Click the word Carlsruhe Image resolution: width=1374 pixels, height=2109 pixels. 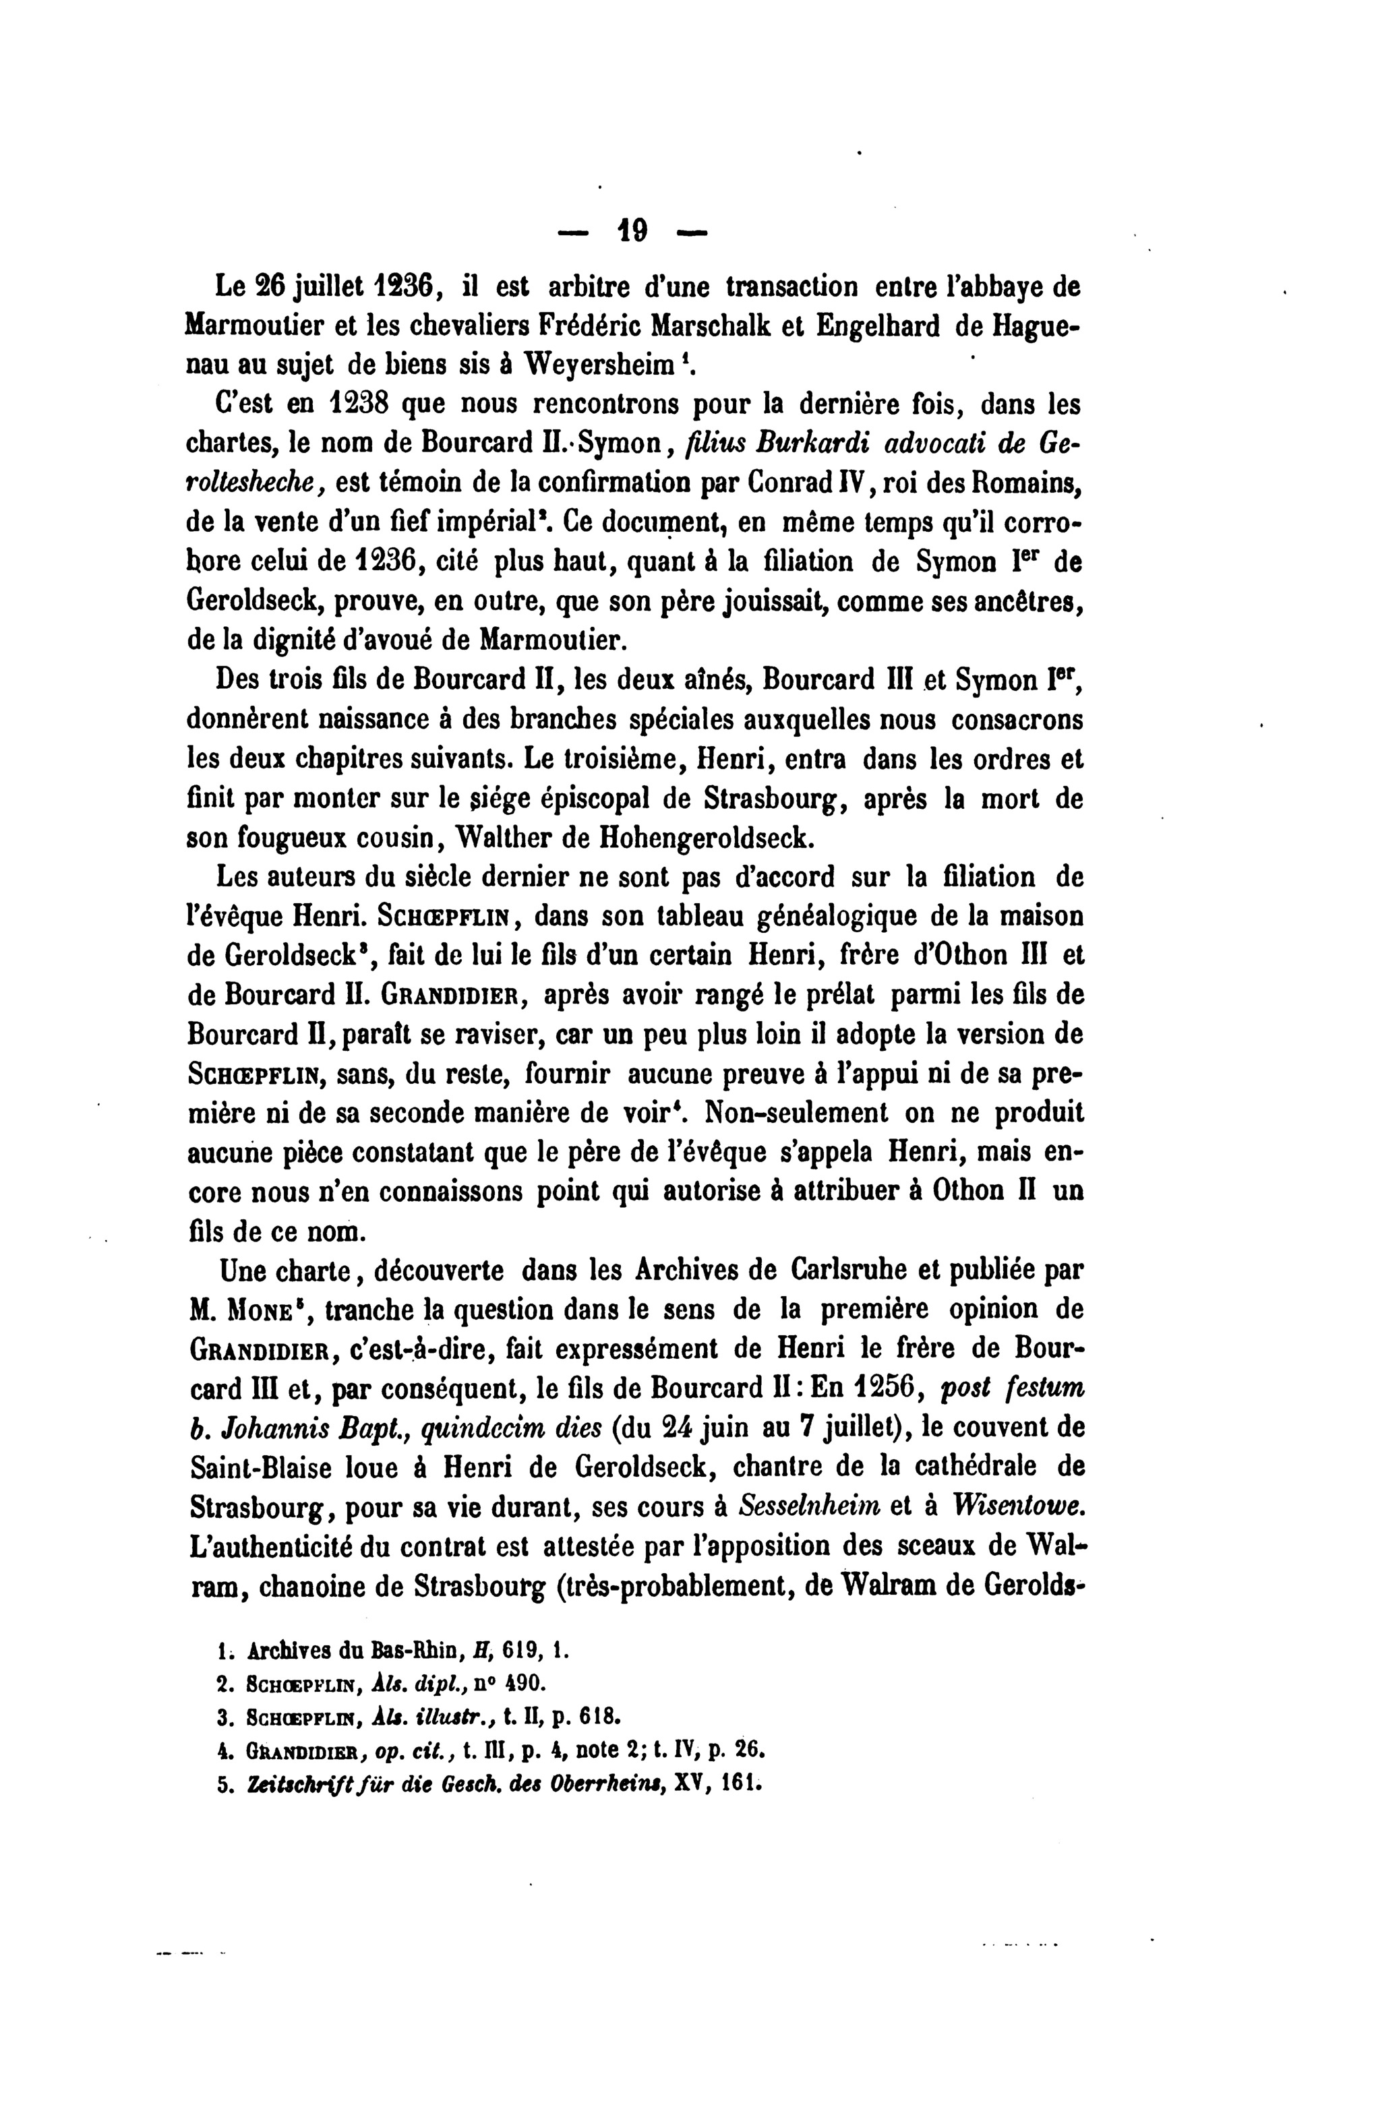[838, 1271]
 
